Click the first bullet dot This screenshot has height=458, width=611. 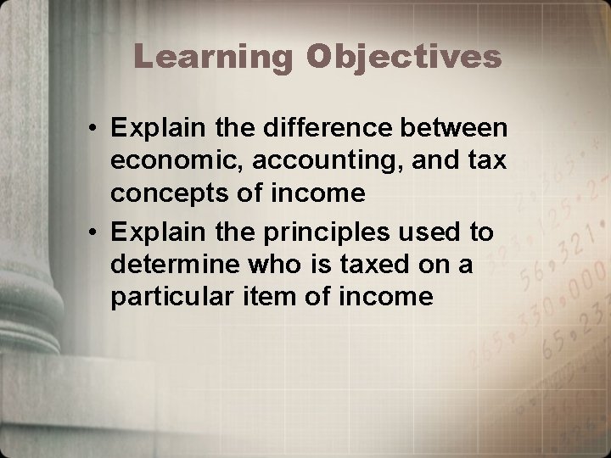pos(99,131)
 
